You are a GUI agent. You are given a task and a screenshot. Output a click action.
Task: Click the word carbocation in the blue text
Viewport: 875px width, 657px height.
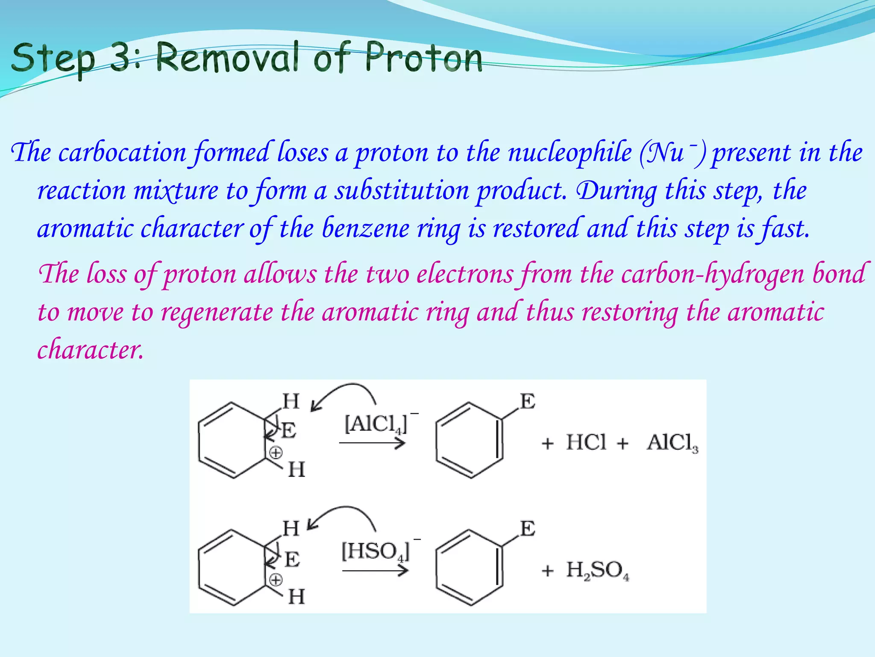tap(122, 153)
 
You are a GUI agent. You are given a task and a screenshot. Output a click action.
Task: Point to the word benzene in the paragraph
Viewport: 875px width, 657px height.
tap(365, 228)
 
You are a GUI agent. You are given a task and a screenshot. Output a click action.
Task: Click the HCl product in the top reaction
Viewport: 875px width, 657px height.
tap(586, 442)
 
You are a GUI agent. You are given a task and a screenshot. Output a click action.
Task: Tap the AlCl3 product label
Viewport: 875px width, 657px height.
tap(672, 443)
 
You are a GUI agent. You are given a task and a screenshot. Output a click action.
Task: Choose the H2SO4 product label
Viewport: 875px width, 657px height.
tap(597, 571)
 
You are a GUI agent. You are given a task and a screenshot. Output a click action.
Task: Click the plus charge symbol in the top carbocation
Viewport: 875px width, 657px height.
tap(276, 453)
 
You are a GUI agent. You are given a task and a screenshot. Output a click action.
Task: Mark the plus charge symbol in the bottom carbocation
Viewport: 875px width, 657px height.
tap(276, 580)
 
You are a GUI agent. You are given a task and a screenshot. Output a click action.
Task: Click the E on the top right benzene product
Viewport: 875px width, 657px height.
tap(528, 402)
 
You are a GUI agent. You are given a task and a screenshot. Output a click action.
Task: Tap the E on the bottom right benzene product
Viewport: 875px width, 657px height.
tap(528, 529)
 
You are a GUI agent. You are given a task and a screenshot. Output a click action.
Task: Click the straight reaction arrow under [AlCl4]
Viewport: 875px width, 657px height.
tap(372, 444)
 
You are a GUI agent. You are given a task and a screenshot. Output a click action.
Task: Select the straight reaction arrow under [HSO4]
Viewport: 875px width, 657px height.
tap(375, 571)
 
